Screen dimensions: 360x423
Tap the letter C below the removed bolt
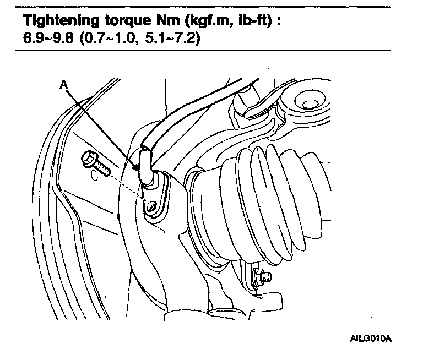point(95,177)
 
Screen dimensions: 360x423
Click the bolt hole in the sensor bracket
point(151,208)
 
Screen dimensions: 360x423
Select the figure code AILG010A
point(371,337)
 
